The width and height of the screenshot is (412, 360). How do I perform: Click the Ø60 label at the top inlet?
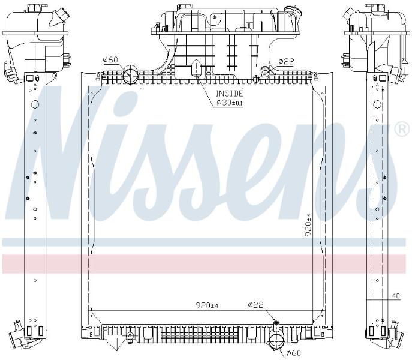tap(111, 60)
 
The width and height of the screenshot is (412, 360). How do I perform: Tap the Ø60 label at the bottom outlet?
tap(293, 353)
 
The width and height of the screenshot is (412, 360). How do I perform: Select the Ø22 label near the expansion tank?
tap(286, 62)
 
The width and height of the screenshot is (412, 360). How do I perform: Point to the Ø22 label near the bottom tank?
tap(255, 305)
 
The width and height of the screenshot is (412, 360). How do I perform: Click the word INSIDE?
tap(229, 94)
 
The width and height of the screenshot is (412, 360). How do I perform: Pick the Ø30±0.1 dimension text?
tap(230, 103)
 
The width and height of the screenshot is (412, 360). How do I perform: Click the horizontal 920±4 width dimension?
tap(207, 305)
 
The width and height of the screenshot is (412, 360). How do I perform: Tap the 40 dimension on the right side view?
tap(396, 296)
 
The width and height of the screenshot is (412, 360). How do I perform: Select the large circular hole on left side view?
tap(35, 104)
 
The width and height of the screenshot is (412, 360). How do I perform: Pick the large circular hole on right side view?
tap(378, 104)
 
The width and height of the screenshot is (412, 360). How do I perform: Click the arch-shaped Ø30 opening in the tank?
tap(197, 68)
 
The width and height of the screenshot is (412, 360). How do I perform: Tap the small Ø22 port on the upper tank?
tap(264, 70)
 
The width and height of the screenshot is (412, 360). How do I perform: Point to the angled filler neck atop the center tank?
tap(293, 13)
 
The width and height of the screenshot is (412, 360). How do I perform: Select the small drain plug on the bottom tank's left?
tap(130, 336)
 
